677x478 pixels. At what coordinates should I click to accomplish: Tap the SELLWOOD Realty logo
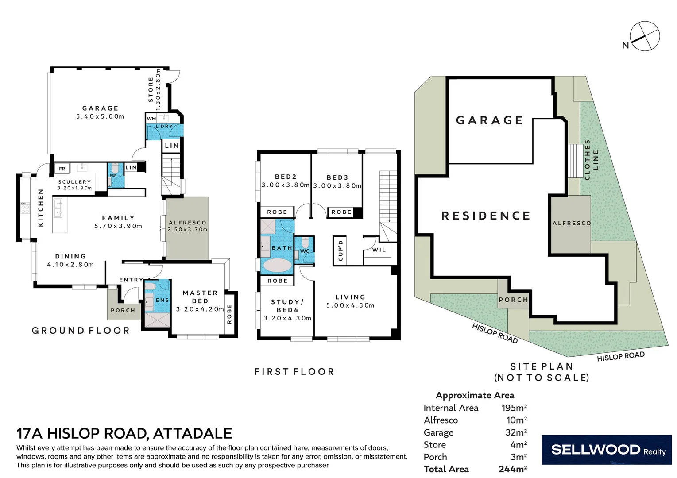point(606,450)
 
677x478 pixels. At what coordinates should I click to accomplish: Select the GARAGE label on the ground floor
point(101,108)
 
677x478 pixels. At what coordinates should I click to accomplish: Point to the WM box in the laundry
point(151,119)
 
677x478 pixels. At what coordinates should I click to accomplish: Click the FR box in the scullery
point(62,169)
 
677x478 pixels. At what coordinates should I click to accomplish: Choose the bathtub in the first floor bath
point(278,266)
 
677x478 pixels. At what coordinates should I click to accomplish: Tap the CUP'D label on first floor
point(340,251)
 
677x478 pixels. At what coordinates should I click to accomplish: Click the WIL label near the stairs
point(379,250)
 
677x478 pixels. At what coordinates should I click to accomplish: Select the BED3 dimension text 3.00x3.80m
point(337,186)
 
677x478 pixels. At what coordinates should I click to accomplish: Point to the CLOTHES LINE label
point(592,159)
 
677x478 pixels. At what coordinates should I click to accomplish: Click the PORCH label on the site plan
point(514,300)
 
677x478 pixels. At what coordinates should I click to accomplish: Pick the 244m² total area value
point(513,469)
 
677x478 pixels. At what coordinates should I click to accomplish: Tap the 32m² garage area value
point(516,432)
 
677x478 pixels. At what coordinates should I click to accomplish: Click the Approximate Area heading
point(475,395)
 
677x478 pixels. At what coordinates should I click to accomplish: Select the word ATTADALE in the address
point(193,433)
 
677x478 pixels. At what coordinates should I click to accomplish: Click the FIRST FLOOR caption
point(294,372)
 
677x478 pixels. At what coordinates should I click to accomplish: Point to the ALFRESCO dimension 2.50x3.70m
point(187,230)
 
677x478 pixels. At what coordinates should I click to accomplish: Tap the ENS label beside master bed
point(162,300)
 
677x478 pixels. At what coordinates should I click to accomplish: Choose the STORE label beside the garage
point(151,89)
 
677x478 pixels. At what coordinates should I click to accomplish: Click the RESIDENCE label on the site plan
point(486,216)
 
